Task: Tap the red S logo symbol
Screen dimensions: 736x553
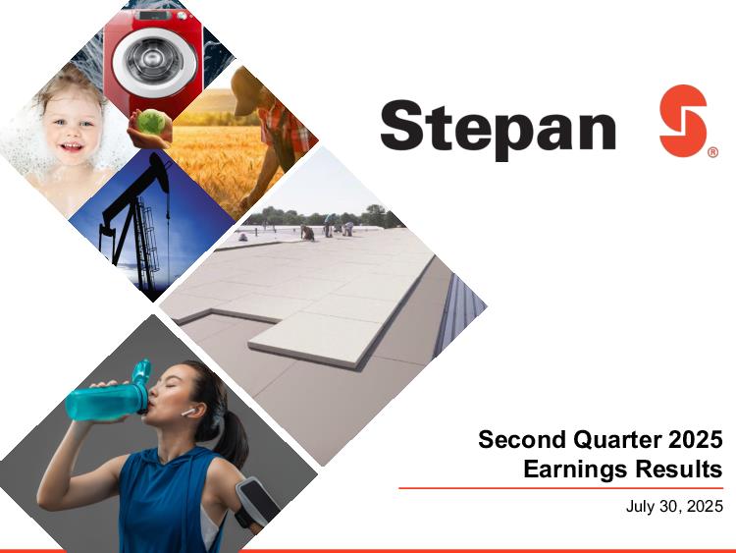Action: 683,120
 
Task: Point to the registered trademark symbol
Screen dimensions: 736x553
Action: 712,152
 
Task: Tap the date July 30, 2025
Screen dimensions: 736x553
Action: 674,506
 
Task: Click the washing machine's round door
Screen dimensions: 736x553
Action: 153,60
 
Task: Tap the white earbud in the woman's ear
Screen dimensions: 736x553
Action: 188,412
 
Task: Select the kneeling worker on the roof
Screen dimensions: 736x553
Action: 308,233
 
